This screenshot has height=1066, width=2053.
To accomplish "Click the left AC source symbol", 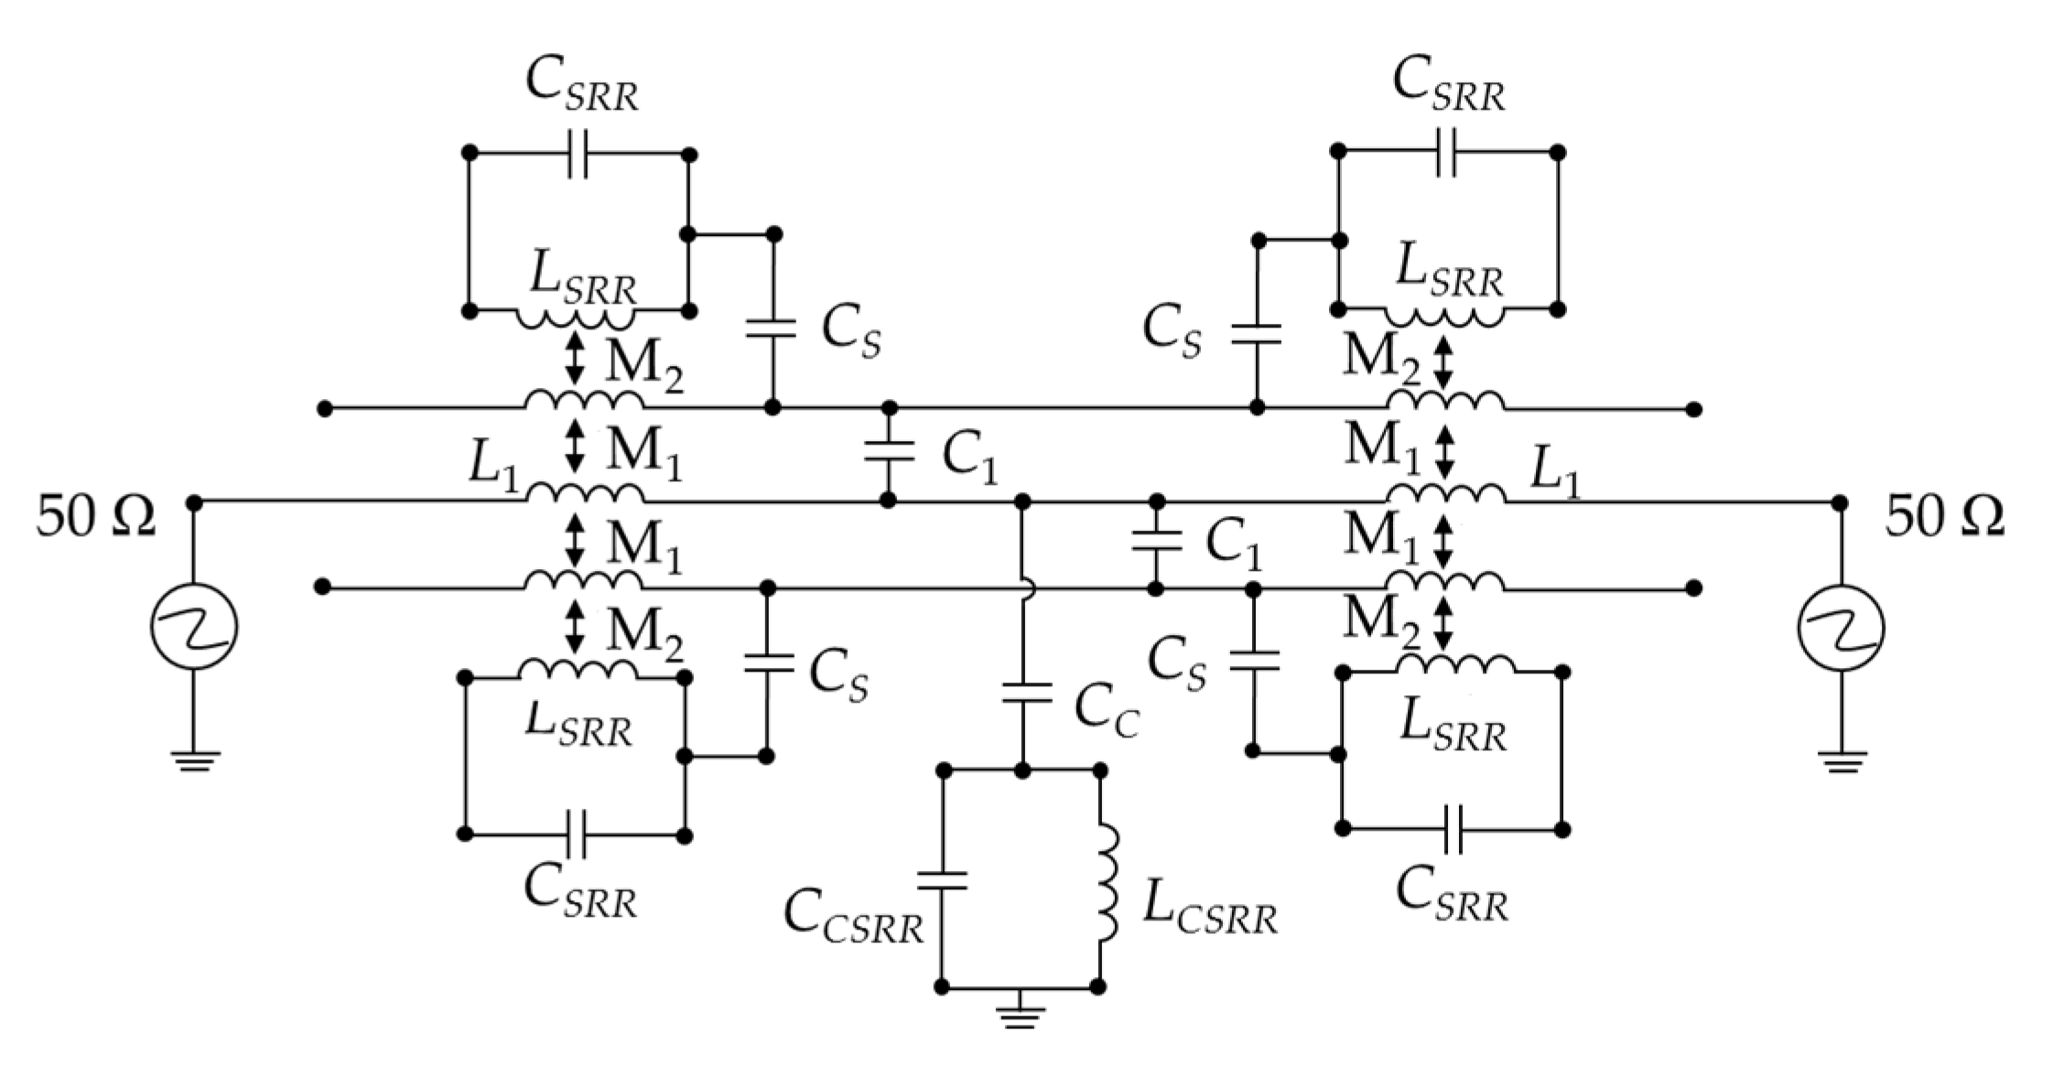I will pos(194,628).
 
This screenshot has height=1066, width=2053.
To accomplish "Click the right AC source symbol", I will pos(1842,628).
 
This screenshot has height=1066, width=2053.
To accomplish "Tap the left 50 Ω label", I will pos(95,518).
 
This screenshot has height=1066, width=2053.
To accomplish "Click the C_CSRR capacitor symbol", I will pos(943,880).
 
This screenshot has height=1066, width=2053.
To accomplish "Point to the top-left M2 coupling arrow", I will pos(575,358).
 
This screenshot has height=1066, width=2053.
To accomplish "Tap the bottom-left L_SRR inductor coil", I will pos(577,671).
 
